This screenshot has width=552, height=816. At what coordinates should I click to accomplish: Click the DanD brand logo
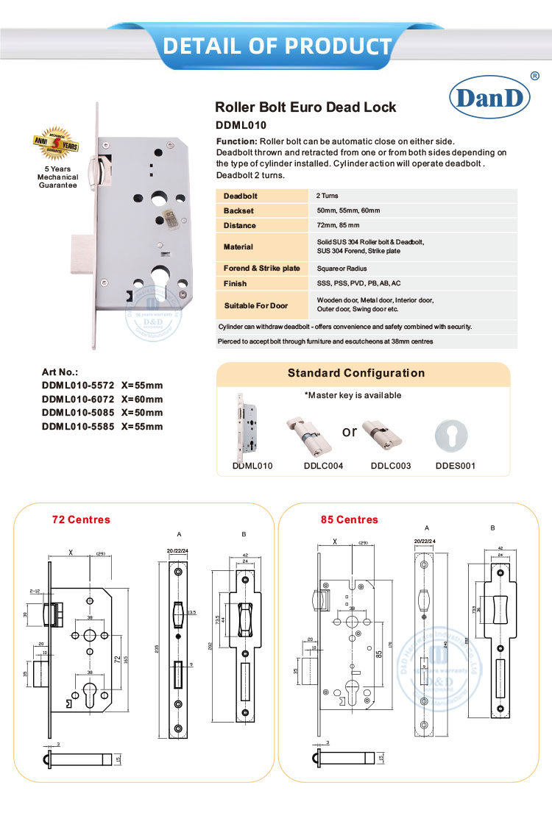[486, 97]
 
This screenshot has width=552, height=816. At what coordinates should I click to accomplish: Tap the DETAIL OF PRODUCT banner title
[277, 46]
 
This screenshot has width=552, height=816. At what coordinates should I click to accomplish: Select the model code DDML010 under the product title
[241, 125]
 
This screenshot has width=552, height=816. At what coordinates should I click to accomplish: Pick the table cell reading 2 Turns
[328, 196]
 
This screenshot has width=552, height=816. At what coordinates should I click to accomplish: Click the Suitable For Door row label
[255, 305]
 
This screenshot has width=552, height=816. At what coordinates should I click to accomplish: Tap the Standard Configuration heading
[355, 373]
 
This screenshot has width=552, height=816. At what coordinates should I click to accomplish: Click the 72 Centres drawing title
[81, 519]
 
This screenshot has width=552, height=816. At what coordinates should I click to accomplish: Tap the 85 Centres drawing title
[349, 519]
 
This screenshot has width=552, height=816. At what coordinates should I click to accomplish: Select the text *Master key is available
[353, 395]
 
